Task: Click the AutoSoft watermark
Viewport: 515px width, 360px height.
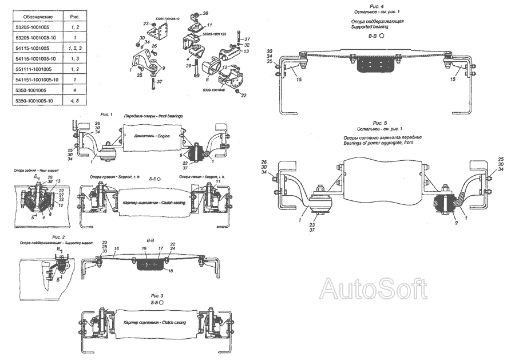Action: [x=373, y=289]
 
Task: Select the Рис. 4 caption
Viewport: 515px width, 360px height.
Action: [x=378, y=6]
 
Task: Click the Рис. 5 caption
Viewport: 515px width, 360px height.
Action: [x=379, y=123]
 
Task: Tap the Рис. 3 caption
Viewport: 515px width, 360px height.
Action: [x=153, y=294]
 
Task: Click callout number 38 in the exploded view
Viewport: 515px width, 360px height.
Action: [x=206, y=13]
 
